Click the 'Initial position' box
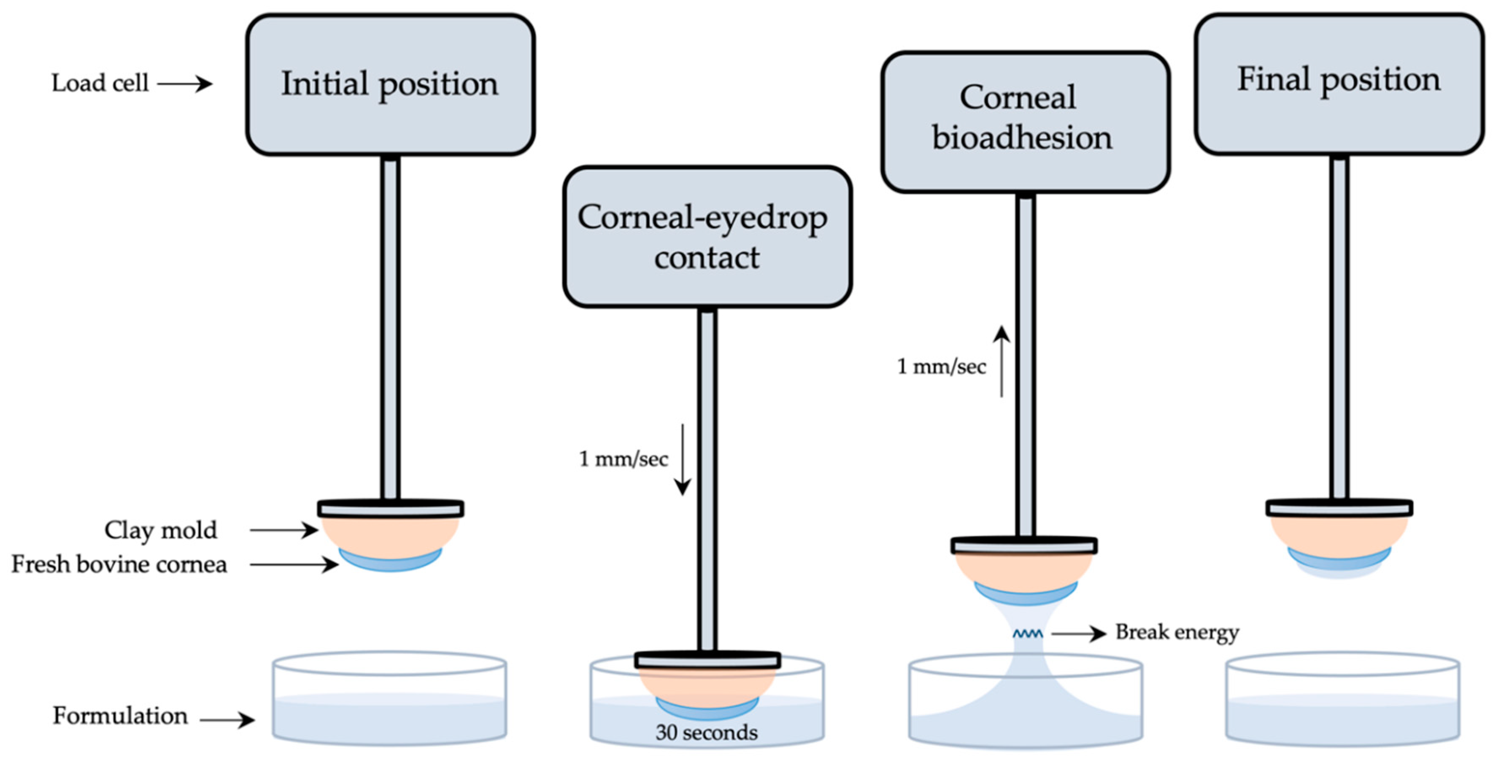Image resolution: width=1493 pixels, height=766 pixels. (389, 85)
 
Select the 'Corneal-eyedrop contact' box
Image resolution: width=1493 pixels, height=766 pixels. (707, 236)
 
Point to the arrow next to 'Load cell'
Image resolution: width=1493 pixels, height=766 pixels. (184, 84)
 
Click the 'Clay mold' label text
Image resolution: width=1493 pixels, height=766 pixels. (161, 530)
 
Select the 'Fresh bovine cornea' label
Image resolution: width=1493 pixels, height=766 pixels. (119, 564)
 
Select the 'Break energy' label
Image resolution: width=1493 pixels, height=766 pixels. (1177, 632)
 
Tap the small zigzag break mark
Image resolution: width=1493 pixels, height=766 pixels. (1027, 634)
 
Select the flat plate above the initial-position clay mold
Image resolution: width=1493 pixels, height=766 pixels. (390, 509)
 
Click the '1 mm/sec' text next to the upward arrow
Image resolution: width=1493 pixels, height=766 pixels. (941, 367)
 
